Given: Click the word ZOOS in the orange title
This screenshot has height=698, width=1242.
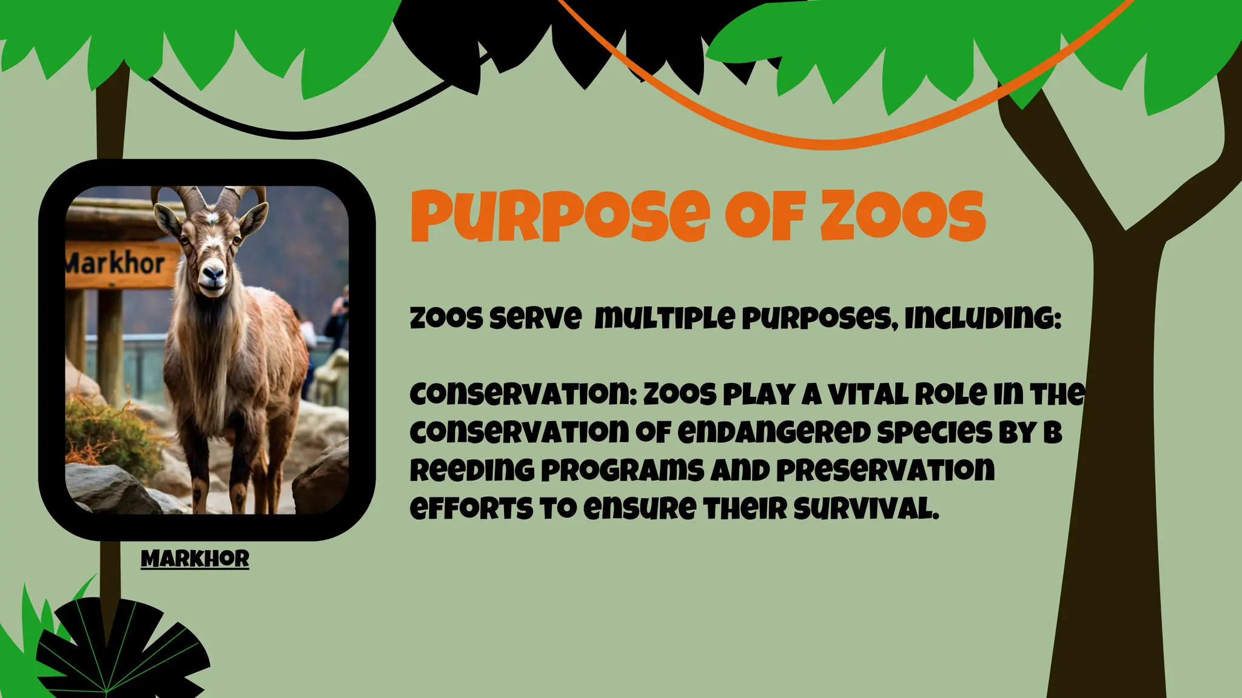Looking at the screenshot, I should click(902, 216).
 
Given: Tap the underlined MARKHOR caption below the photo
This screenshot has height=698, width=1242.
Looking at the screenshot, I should click(195, 559).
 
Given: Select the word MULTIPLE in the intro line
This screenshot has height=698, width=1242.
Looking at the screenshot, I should click(664, 318).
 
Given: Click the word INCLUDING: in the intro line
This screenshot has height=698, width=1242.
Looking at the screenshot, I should click(982, 318).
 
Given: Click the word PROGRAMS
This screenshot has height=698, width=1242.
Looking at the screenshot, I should click(622, 470).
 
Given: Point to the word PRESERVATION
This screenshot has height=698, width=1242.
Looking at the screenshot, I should click(885, 470).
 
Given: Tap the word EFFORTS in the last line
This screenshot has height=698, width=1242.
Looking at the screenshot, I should click(470, 508).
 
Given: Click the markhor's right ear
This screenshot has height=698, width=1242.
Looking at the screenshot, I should click(253, 218).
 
